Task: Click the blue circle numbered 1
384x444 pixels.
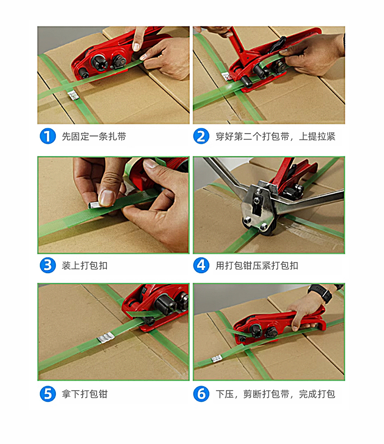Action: click(48, 136)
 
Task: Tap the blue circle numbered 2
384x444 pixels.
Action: click(201, 136)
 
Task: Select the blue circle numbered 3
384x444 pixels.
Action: click(48, 266)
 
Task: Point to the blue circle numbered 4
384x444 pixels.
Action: click(201, 266)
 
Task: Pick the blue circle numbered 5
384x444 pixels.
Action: click(48, 394)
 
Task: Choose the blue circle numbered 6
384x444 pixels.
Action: click(201, 394)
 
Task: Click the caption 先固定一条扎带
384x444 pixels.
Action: click(94, 137)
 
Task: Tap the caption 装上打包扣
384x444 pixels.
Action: click(85, 266)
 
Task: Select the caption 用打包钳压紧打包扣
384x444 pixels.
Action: click(257, 266)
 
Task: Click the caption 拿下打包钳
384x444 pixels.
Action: click(85, 394)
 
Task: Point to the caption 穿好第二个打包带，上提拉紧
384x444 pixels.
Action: click(275, 137)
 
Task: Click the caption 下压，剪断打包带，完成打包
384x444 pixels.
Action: click(275, 394)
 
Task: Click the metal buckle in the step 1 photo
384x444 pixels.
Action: click(73, 95)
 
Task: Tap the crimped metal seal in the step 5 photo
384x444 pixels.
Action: click(105, 338)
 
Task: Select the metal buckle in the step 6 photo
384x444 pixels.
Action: click(216, 359)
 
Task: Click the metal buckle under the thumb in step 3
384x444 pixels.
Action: click(95, 204)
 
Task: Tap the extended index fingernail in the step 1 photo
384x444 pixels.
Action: click(136, 47)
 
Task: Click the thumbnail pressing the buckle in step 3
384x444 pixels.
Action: click(107, 197)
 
